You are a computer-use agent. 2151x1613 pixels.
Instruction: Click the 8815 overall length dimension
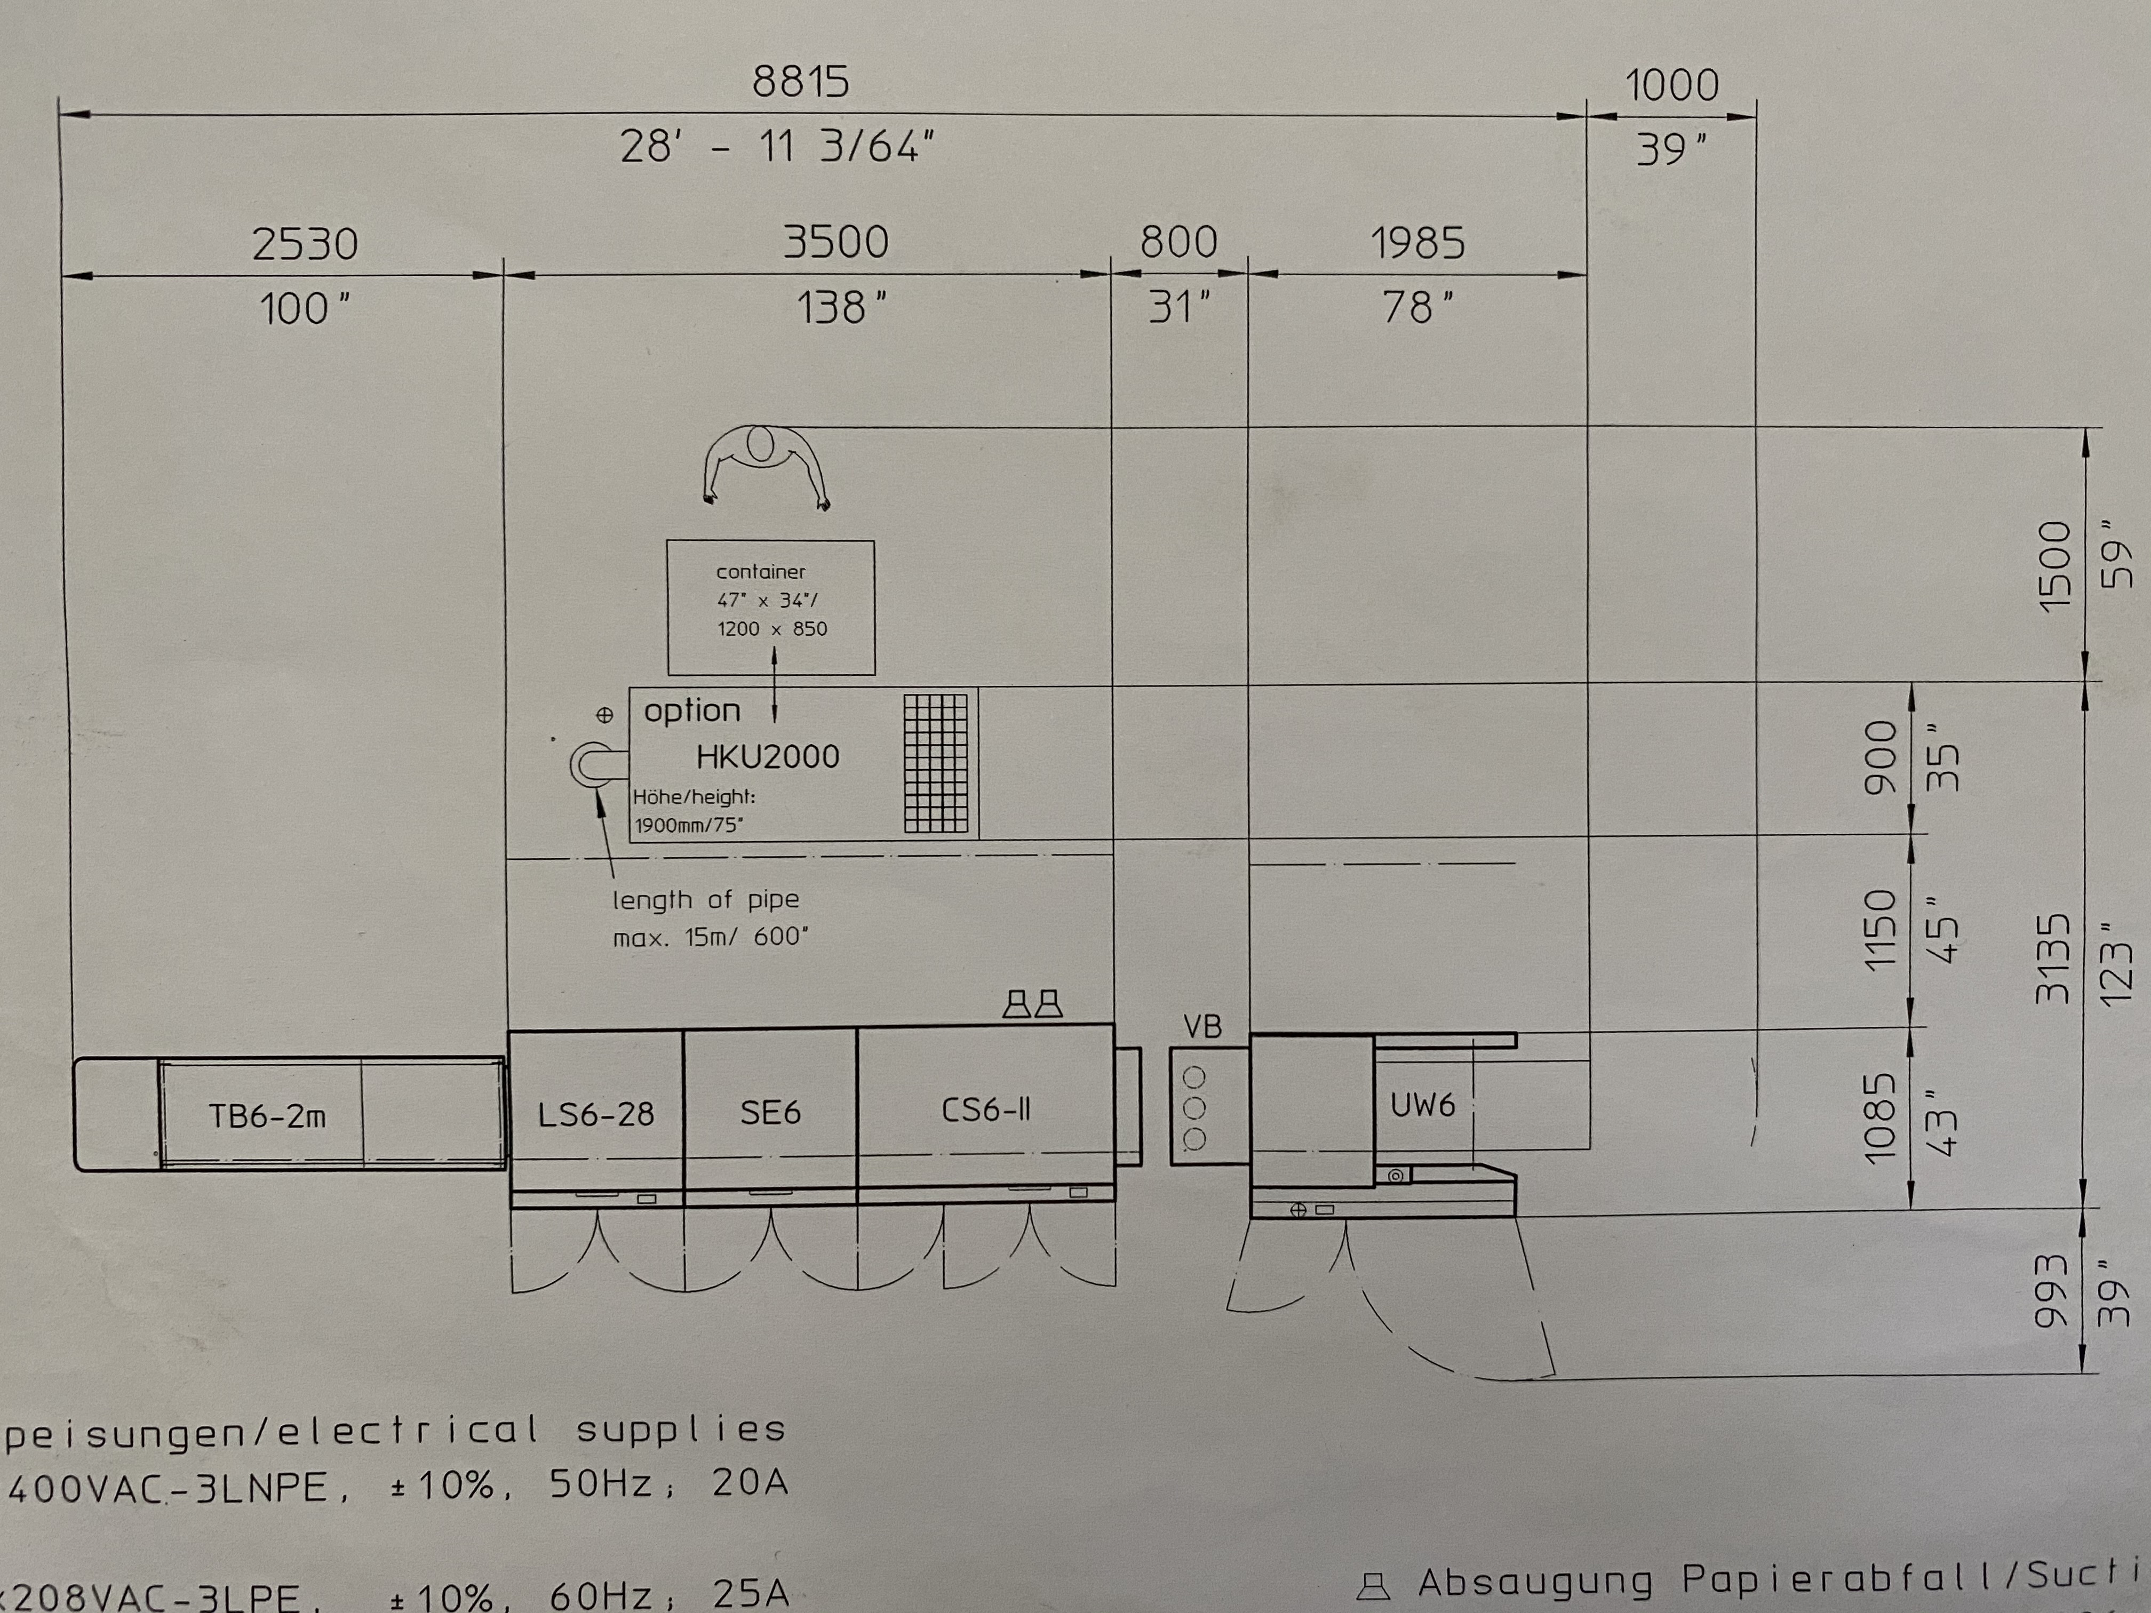(x=800, y=82)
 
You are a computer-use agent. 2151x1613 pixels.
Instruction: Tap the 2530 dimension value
(x=305, y=243)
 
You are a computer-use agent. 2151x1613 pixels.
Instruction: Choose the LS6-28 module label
(x=596, y=1113)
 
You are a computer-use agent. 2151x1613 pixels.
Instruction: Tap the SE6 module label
(x=770, y=1111)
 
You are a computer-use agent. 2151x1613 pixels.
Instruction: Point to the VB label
(x=1203, y=1027)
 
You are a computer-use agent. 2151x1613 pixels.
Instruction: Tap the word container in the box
(x=760, y=572)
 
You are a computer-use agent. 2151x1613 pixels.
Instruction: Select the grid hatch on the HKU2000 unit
(x=936, y=763)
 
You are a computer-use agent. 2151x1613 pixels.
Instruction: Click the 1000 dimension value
(x=1671, y=85)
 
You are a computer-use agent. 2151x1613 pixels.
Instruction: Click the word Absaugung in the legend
(x=1534, y=1583)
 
